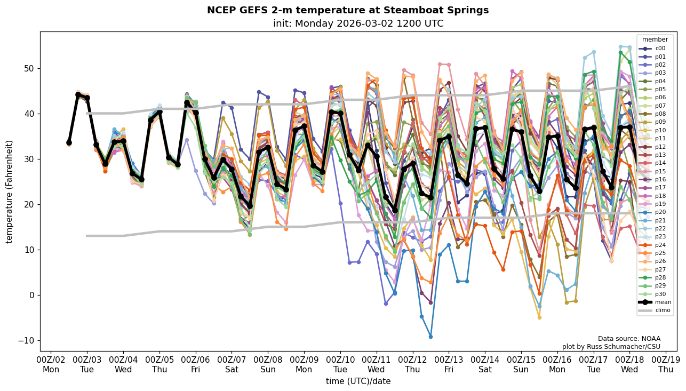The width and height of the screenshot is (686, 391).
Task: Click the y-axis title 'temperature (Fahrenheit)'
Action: click(10, 191)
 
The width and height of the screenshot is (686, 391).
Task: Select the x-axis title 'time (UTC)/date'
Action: click(358, 381)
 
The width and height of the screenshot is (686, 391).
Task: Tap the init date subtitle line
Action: click(358, 23)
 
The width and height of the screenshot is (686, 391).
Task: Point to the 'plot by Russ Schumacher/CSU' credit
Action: click(611, 347)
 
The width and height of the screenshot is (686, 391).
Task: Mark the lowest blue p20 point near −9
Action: click(430, 337)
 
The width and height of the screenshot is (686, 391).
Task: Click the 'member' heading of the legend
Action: click(655, 39)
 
